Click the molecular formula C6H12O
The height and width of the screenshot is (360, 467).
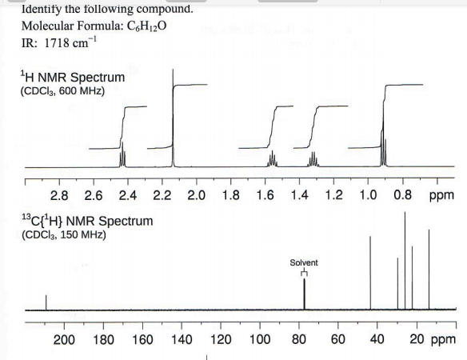click(x=94, y=26)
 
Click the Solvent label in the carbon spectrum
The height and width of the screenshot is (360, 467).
click(x=304, y=262)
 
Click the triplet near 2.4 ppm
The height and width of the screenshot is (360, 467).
click(x=122, y=156)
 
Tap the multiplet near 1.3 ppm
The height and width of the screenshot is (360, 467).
click(x=313, y=160)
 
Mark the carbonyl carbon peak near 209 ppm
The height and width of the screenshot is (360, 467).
click(x=46, y=302)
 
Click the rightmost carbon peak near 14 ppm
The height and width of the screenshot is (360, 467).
click(x=429, y=272)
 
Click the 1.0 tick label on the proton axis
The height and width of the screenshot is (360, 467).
click(x=367, y=194)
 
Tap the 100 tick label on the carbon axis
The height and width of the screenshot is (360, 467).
click(x=259, y=338)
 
